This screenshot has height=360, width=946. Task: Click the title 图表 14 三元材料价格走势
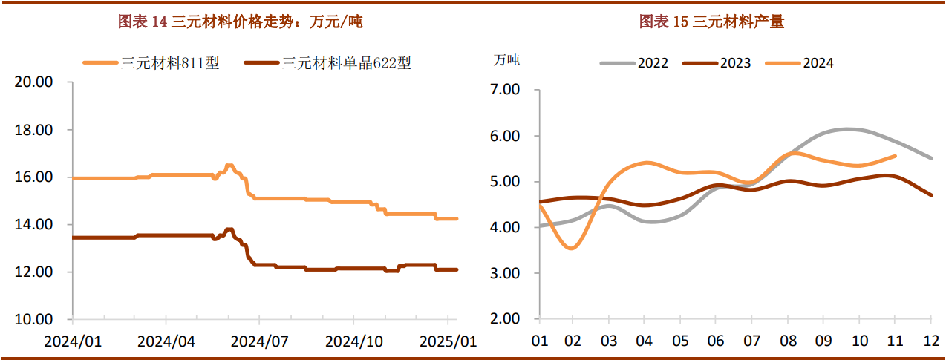[x=241, y=22]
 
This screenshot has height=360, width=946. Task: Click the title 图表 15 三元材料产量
[x=711, y=22]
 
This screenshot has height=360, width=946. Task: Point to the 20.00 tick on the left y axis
[x=34, y=82]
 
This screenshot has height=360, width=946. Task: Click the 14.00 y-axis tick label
[x=34, y=225]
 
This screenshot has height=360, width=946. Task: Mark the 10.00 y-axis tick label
[x=34, y=320]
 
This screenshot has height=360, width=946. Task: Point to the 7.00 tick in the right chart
[x=506, y=90]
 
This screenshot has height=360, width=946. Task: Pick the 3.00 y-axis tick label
[x=506, y=273]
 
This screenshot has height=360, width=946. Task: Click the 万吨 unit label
[x=506, y=61]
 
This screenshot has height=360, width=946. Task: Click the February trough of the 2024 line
[x=571, y=248]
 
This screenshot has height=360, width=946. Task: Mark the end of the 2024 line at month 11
[x=895, y=156]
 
